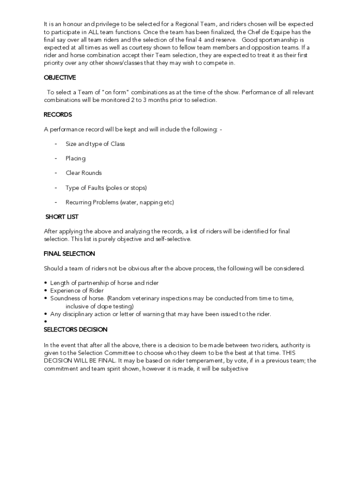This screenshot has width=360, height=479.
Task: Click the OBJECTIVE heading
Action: point(60,78)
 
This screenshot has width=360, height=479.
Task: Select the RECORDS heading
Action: point(58,115)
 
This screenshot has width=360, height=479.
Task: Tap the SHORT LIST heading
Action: point(62,217)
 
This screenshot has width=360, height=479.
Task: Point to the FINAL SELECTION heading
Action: point(69,254)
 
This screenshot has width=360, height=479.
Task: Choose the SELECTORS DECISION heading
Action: point(75,330)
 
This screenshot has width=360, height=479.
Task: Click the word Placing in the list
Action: point(75,159)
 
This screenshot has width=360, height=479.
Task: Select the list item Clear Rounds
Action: point(83,173)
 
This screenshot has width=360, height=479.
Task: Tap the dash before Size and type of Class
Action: point(56,144)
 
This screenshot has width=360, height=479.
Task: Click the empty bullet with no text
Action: point(45,322)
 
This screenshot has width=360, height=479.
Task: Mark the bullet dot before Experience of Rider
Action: point(45,291)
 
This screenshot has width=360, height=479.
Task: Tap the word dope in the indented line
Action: point(101,306)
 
